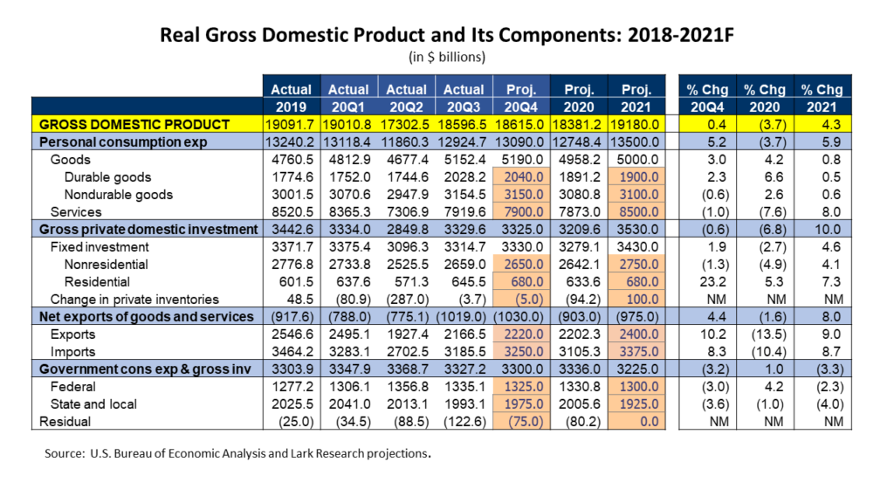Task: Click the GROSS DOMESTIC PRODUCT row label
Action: [x=134, y=124]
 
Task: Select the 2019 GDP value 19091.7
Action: [x=290, y=124]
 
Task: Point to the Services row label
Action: [x=76, y=212]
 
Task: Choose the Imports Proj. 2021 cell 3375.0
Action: [x=638, y=352]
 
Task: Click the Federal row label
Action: [x=73, y=387]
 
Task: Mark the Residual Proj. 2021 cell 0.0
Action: [x=649, y=422]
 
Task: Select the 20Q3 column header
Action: [x=464, y=107]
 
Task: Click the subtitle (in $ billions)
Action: [x=447, y=57]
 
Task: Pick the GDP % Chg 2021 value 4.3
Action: [x=831, y=124]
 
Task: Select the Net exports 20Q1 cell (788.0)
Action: [x=349, y=317]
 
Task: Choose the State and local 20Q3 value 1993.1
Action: [x=464, y=404]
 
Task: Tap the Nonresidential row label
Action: [x=106, y=265]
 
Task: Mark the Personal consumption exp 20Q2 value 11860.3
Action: [x=406, y=142]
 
